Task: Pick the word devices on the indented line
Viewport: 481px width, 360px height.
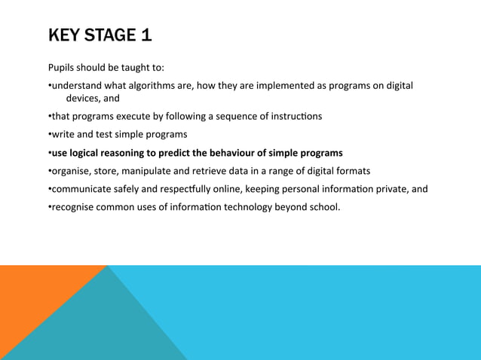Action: [x=83, y=98]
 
